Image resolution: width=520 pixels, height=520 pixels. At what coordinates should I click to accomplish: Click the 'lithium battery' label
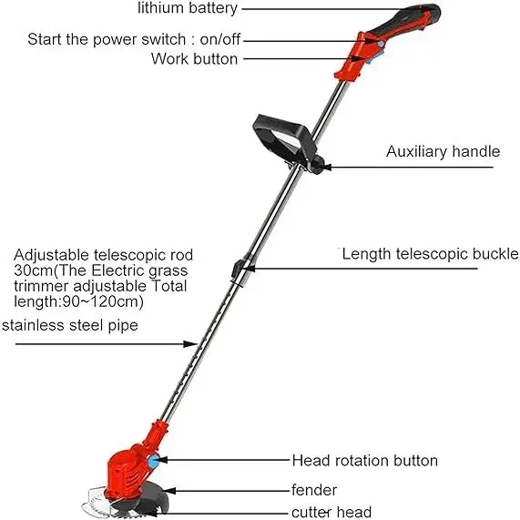point(188,8)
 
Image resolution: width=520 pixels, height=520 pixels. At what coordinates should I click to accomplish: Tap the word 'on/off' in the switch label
point(219,39)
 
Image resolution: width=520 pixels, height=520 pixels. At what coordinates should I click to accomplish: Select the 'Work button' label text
point(194,59)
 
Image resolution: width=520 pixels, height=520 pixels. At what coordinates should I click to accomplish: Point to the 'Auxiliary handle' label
point(444,151)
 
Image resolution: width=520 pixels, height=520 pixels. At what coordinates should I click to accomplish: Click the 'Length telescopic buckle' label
point(430,254)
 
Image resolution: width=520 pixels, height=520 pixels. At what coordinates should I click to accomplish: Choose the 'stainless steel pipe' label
point(70,325)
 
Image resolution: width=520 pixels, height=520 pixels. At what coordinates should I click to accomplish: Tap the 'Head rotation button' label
point(365,461)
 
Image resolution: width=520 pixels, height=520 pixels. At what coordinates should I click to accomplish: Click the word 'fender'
point(314,490)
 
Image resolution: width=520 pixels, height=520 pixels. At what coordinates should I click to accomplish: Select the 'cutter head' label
point(331,512)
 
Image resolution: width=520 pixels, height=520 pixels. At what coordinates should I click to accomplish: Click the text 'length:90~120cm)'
point(78,301)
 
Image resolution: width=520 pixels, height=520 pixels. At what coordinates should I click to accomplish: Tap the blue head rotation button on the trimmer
point(153,462)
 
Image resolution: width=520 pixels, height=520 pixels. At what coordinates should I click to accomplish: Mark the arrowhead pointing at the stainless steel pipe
point(191,344)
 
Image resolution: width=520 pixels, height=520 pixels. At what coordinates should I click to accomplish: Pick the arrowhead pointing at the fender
point(168,491)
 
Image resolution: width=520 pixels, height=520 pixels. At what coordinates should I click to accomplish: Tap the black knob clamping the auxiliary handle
point(318,165)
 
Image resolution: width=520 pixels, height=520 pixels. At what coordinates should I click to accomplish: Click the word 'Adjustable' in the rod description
point(51,255)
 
